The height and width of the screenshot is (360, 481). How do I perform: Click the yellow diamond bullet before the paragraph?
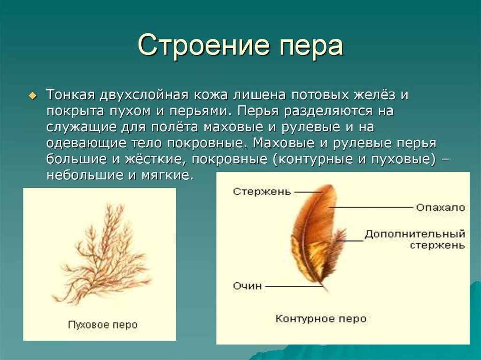[32, 95]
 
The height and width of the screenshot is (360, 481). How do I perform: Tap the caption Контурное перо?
[321, 319]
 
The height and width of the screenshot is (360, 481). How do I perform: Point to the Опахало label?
[440, 207]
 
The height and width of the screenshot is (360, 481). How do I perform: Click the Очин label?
[247, 286]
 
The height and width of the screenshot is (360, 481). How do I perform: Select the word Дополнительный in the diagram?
[415, 234]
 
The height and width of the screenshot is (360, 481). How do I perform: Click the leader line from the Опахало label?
[371, 207]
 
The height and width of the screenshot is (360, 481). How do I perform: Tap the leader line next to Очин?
[291, 286]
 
